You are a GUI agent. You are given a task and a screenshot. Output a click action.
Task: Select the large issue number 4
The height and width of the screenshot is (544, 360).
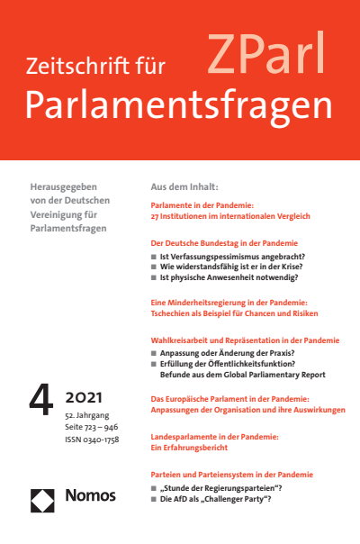(41, 399)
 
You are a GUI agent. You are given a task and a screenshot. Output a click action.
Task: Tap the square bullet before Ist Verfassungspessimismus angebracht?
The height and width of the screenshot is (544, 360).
(154, 257)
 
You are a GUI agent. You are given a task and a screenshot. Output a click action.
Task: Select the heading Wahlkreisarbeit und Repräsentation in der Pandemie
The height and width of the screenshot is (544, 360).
(244, 341)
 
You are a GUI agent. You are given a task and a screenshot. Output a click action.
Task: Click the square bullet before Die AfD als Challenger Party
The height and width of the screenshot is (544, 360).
(154, 498)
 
